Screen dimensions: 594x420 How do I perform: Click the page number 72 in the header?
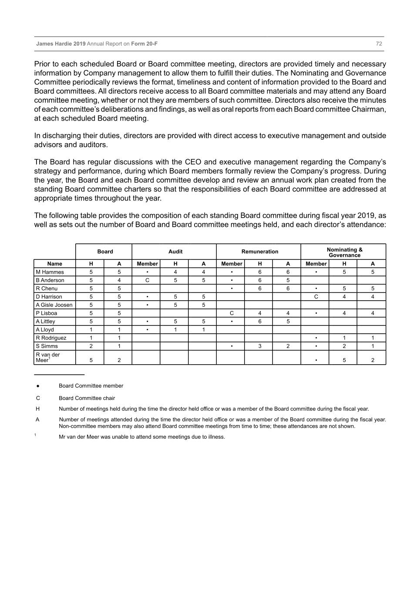pos(379,44)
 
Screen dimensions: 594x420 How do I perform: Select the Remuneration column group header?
pos(260,252)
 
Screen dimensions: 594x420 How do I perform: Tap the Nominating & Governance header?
pos(344,252)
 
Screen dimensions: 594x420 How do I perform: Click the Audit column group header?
pos(175,252)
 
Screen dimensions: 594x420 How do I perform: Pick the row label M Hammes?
pos(50,272)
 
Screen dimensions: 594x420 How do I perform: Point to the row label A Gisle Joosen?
pos(54,305)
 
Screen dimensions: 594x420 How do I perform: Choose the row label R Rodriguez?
pos(51,338)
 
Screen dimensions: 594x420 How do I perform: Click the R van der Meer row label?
pos(48,357)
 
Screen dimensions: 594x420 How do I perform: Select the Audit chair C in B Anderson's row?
pos(147,280)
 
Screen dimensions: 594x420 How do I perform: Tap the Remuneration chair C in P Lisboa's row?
pos(232,313)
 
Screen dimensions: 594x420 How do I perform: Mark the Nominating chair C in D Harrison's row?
pos(316,297)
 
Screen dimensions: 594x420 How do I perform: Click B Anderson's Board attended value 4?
pos(119,280)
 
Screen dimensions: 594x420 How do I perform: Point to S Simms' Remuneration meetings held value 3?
pos(260,346)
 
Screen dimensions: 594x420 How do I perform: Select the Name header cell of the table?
pos(55,264)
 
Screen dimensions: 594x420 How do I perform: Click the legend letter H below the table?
pos(38,409)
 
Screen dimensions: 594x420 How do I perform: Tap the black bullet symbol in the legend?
pos(38,386)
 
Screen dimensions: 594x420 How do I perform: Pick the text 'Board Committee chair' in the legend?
pos(87,398)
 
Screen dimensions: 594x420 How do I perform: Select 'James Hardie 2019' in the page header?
pos(61,44)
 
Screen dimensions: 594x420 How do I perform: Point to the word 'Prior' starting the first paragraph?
pos(43,64)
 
